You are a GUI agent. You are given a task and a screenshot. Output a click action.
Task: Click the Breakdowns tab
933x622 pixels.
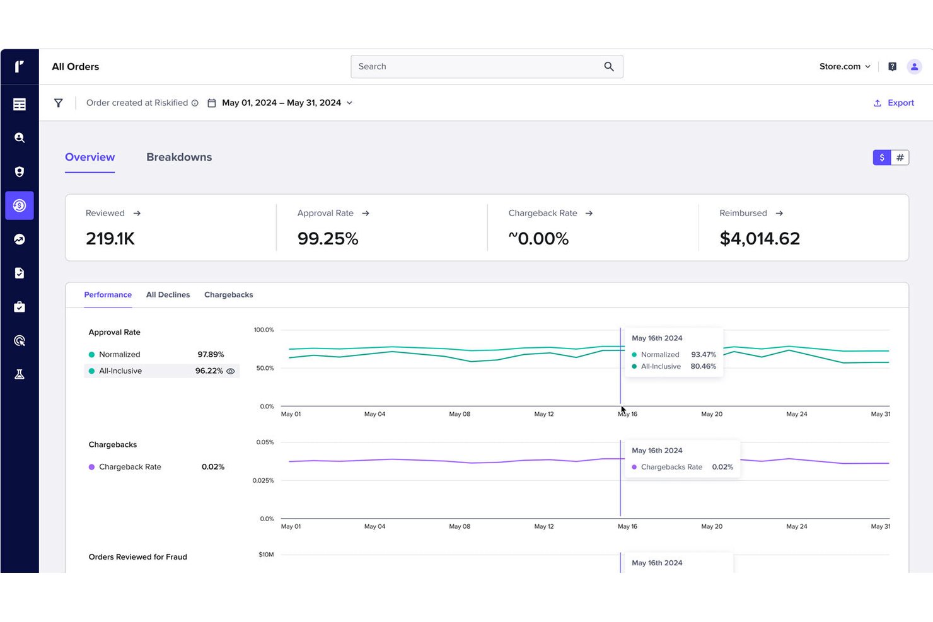coord(179,157)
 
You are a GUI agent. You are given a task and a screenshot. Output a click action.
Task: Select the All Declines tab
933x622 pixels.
coord(168,294)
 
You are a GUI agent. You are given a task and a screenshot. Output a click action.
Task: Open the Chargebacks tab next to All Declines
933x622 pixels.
coord(229,294)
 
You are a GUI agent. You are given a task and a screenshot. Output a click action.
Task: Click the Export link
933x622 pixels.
coord(894,103)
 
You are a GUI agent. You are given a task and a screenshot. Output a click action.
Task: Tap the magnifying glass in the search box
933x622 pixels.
coord(609,67)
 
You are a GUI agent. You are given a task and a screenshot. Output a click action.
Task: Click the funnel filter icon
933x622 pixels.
coord(58,103)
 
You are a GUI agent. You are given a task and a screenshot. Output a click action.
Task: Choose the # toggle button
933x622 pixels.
coord(900,158)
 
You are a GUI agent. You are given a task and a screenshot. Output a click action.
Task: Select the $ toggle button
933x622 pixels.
coord(882,158)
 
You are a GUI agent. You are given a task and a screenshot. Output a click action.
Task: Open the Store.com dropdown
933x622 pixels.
coord(845,67)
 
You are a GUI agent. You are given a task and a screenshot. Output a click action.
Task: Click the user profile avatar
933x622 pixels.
coord(914,67)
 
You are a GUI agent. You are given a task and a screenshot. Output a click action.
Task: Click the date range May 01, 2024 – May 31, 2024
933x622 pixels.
coord(282,103)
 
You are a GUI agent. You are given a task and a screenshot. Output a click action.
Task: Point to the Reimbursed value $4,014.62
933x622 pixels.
coord(760,239)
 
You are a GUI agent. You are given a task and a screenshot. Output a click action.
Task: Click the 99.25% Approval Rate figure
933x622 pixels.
coord(328,239)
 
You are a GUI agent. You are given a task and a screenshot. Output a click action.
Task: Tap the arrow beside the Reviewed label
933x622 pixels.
coord(137,213)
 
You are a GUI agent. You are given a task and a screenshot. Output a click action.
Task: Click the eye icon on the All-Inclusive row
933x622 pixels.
coord(230,371)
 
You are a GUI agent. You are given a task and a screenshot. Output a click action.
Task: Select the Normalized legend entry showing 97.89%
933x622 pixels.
coord(156,354)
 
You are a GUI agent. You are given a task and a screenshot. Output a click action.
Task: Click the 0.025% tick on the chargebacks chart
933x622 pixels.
coord(264,480)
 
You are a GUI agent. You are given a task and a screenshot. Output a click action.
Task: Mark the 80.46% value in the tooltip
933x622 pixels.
coord(703,366)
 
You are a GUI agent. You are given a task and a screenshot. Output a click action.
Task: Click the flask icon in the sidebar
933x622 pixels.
coord(20,374)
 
